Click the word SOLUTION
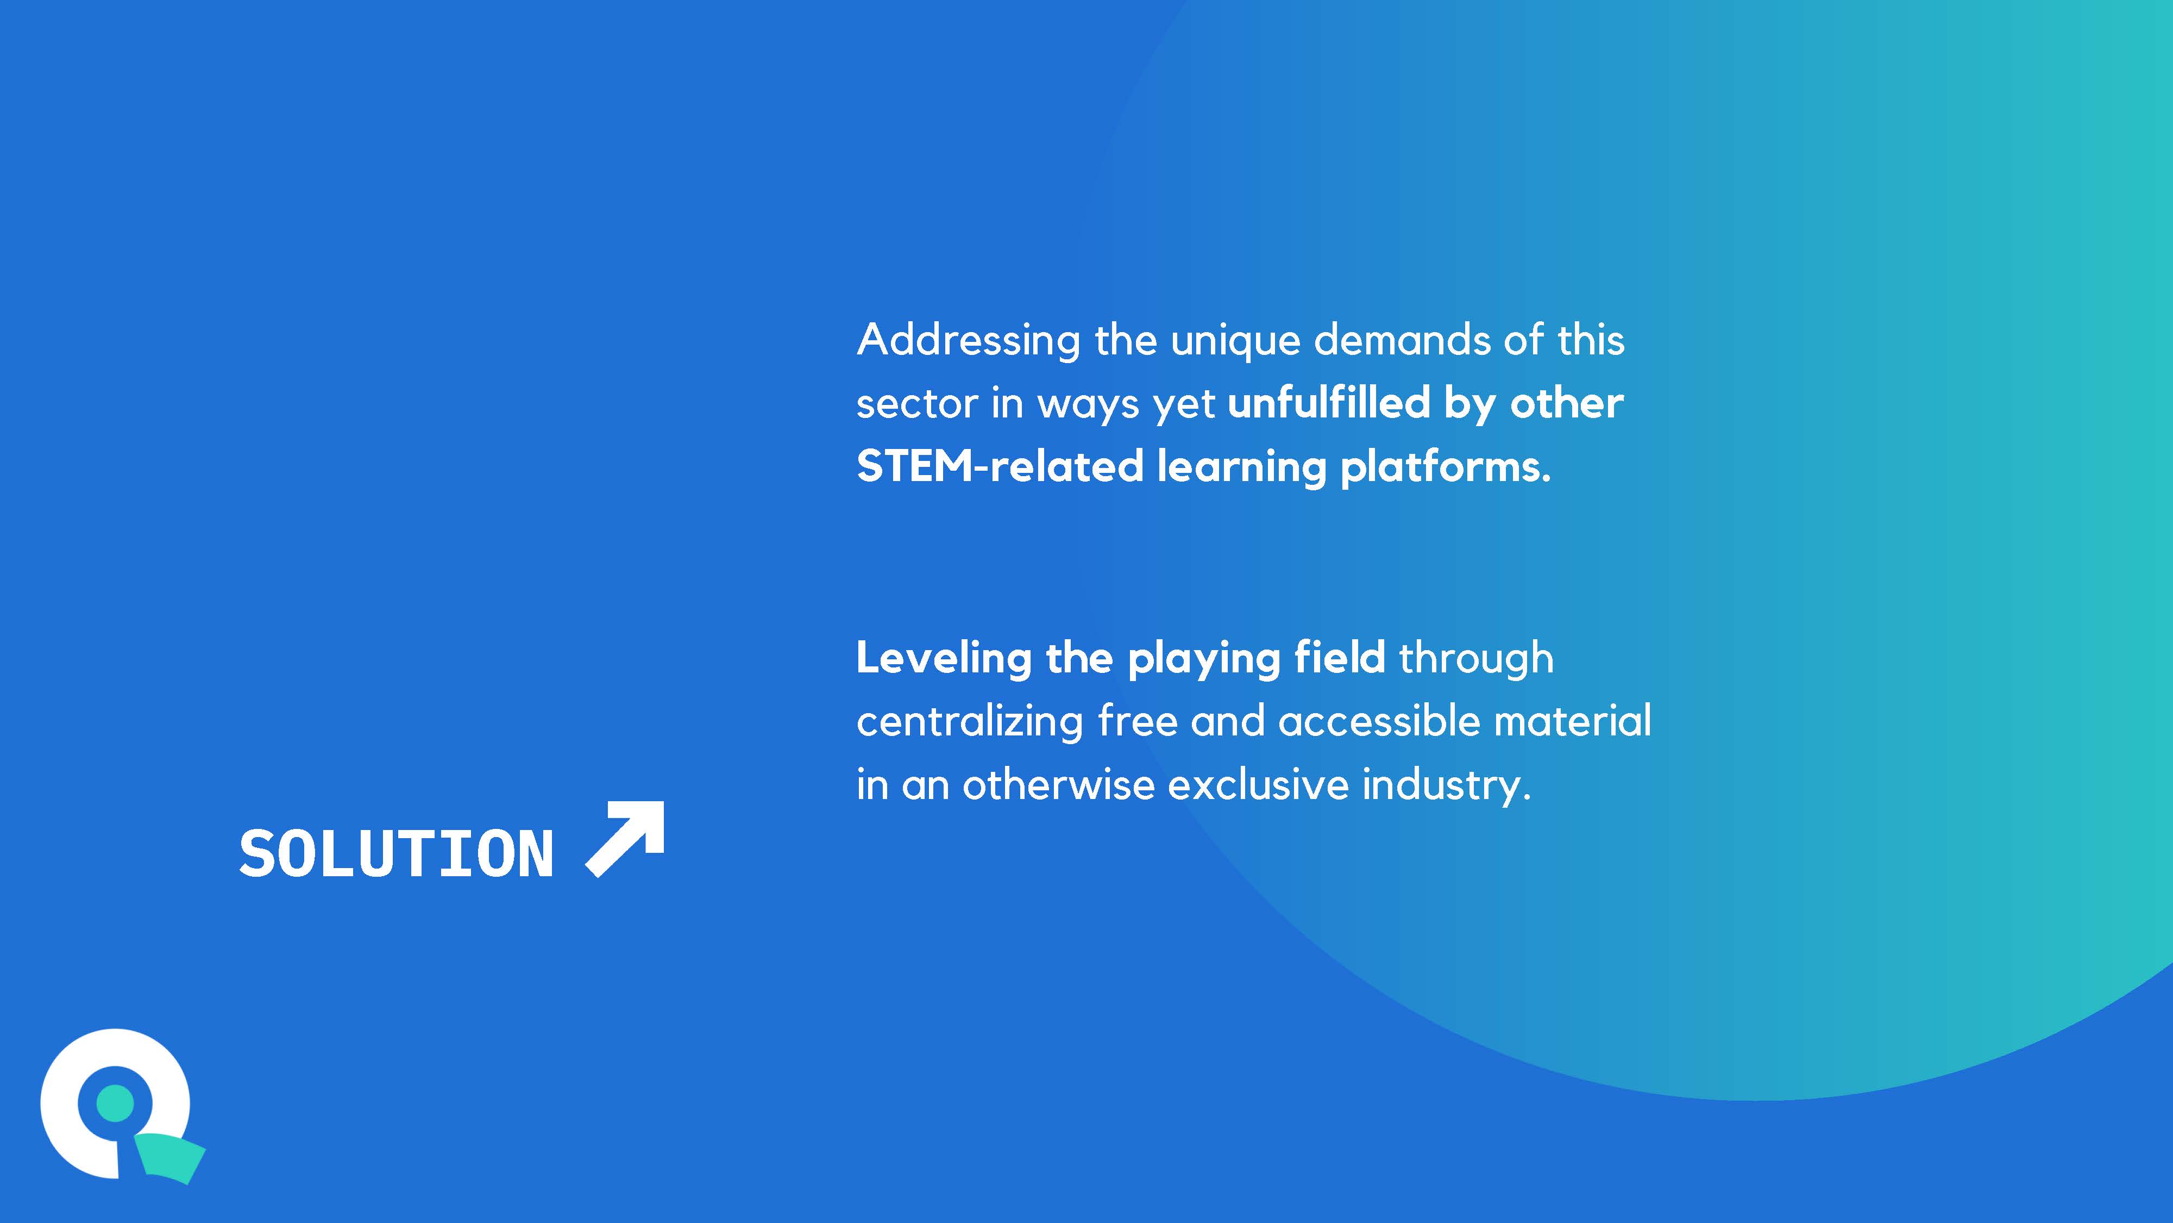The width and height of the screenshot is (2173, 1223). point(397,853)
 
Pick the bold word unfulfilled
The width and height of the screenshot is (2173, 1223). point(1329,403)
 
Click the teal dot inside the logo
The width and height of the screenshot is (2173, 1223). point(116,1102)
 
